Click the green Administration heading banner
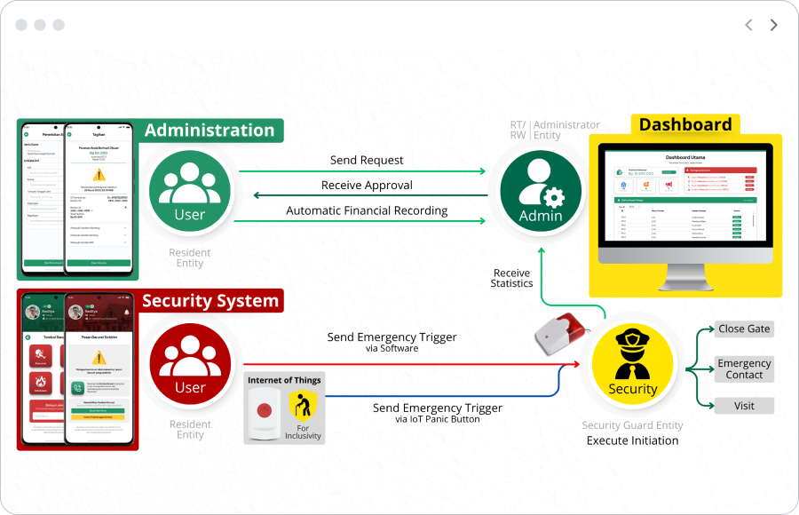point(210,131)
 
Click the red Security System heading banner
point(210,301)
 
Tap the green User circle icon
point(189,188)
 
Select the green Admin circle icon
point(541,189)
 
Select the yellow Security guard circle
point(632,364)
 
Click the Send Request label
point(367,160)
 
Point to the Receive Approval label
point(367,186)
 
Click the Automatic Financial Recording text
point(367,211)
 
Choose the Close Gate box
point(744,329)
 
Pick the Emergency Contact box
point(744,368)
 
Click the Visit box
point(744,406)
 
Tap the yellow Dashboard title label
point(685,125)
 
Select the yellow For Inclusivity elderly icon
point(302,406)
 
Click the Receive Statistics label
point(511,278)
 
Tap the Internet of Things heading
point(284,380)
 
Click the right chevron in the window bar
point(773,25)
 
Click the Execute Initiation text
point(632,440)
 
